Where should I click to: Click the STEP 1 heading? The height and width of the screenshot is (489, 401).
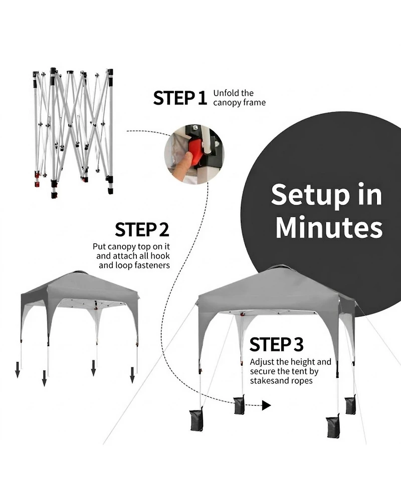[180, 98]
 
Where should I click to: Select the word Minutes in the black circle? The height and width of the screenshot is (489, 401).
[329, 227]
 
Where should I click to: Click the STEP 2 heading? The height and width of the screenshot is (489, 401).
[142, 230]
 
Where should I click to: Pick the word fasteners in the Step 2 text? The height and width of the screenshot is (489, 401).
[150, 265]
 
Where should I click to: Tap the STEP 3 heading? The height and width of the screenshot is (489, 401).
[276, 345]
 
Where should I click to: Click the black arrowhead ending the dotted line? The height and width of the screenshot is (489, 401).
[266, 405]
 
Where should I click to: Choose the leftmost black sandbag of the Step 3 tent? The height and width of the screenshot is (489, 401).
[200, 419]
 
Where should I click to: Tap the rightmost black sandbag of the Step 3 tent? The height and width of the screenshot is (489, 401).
[350, 404]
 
